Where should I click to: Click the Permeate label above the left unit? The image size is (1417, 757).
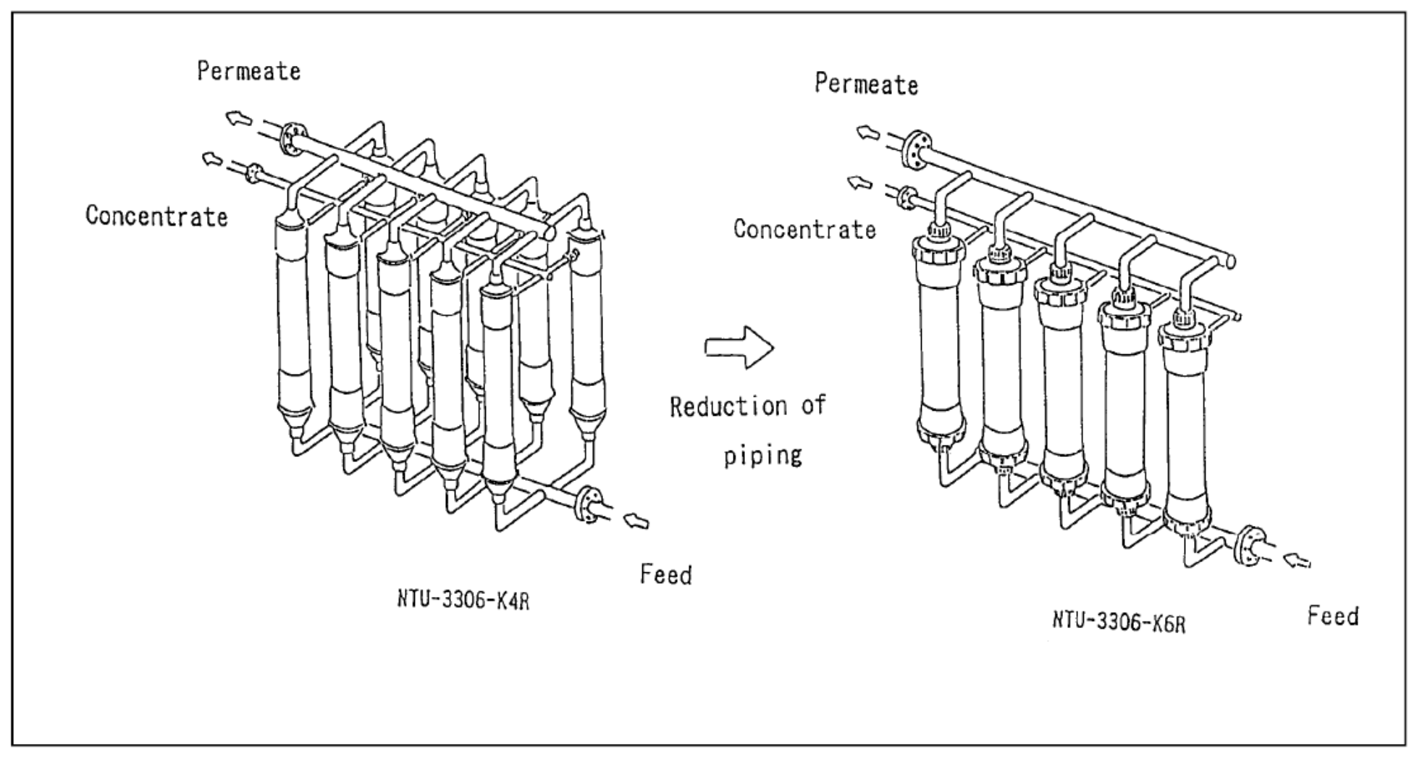(249, 72)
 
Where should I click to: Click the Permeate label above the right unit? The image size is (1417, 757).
(866, 84)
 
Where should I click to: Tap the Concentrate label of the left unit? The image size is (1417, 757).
(156, 216)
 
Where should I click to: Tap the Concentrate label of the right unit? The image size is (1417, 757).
(804, 229)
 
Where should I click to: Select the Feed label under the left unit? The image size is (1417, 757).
(665, 574)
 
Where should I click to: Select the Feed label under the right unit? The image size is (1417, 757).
(1332, 616)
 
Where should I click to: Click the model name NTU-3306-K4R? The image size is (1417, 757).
(463, 600)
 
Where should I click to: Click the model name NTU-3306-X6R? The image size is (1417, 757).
(1119, 621)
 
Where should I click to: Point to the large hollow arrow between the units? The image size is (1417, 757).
(739, 348)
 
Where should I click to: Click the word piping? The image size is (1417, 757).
(763, 455)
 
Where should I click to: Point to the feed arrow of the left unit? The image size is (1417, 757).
(636, 520)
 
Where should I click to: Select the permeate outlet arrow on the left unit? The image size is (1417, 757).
(236, 118)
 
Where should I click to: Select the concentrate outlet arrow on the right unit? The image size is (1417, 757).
(860, 183)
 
